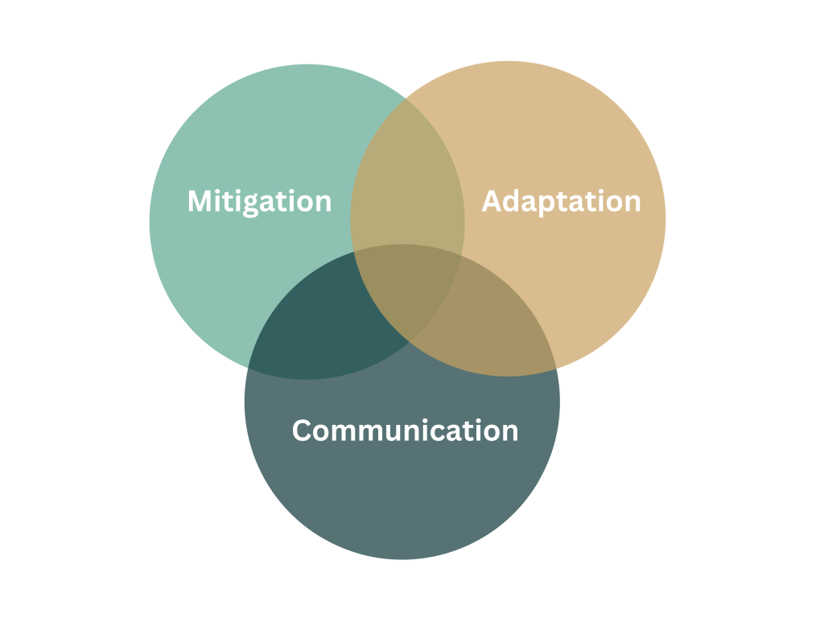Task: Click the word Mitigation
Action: tap(260, 202)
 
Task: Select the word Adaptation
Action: tap(561, 202)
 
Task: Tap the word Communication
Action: tap(406, 431)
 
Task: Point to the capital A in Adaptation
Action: tap(491, 201)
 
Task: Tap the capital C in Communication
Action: tap(303, 431)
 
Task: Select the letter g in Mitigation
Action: tap(251, 205)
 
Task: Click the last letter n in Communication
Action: tap(510, 433)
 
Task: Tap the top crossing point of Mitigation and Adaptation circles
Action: tap(406, 98)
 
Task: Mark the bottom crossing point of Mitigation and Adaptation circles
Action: tap(410, 342)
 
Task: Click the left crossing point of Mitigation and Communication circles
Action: tap(248, 369)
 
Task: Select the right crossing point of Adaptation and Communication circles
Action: tap(557, 369)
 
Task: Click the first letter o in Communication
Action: tap(323, 434)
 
